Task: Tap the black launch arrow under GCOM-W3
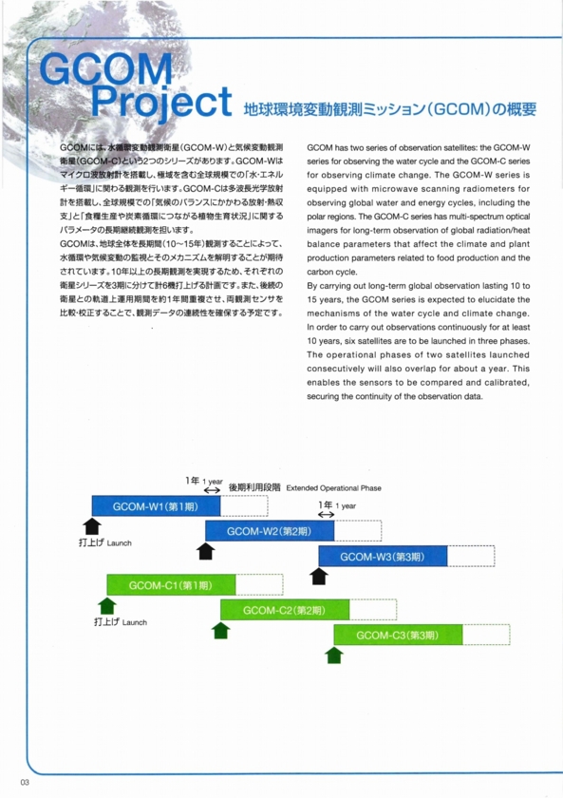319,575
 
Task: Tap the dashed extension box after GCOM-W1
244,504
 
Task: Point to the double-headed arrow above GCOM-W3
326,514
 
